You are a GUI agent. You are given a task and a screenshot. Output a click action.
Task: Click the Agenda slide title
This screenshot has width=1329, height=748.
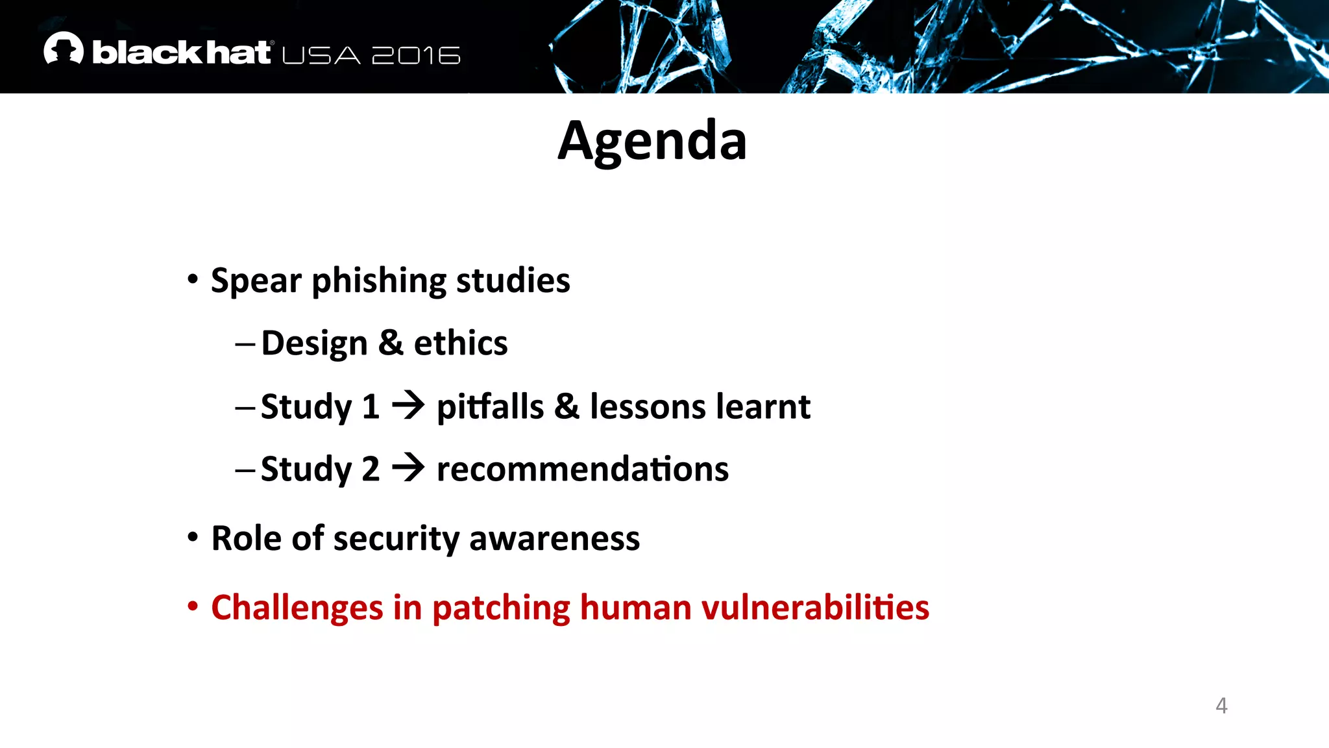[x=652, y=142]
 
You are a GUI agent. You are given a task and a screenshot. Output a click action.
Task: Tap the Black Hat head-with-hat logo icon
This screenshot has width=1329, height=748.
[x=64, y=49]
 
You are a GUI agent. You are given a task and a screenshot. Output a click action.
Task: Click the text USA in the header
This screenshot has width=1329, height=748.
[x=321, y=55]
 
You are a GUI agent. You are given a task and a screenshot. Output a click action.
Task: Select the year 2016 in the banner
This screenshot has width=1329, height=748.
[x=416, y=55]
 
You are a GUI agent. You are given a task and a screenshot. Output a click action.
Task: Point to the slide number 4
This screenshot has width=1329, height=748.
[x=1221, y=705]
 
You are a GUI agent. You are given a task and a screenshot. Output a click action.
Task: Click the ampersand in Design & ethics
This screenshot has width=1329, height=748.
[x=391, y=343]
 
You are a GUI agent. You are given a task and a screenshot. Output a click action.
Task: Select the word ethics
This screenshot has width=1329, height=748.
[x=461, y=343]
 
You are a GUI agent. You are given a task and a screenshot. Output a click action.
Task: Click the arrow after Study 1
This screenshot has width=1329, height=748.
[x=408, y=406]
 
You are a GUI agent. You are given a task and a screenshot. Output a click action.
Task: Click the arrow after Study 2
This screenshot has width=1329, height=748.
[x=408, y=467]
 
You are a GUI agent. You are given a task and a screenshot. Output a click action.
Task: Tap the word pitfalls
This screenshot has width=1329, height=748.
[x=490, y=407]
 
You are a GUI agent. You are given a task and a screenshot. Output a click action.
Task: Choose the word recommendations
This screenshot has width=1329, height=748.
[x=582, y=469]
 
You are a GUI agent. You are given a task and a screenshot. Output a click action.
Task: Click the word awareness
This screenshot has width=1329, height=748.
[x=554, y=539]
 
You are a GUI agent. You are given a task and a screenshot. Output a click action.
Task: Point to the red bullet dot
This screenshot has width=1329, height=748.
[x=193, y=606]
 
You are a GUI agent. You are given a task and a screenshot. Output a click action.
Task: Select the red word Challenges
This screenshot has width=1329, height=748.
[x=297, y=608]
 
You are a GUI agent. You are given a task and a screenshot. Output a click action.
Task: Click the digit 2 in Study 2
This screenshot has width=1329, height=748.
[x=371, y=469]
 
